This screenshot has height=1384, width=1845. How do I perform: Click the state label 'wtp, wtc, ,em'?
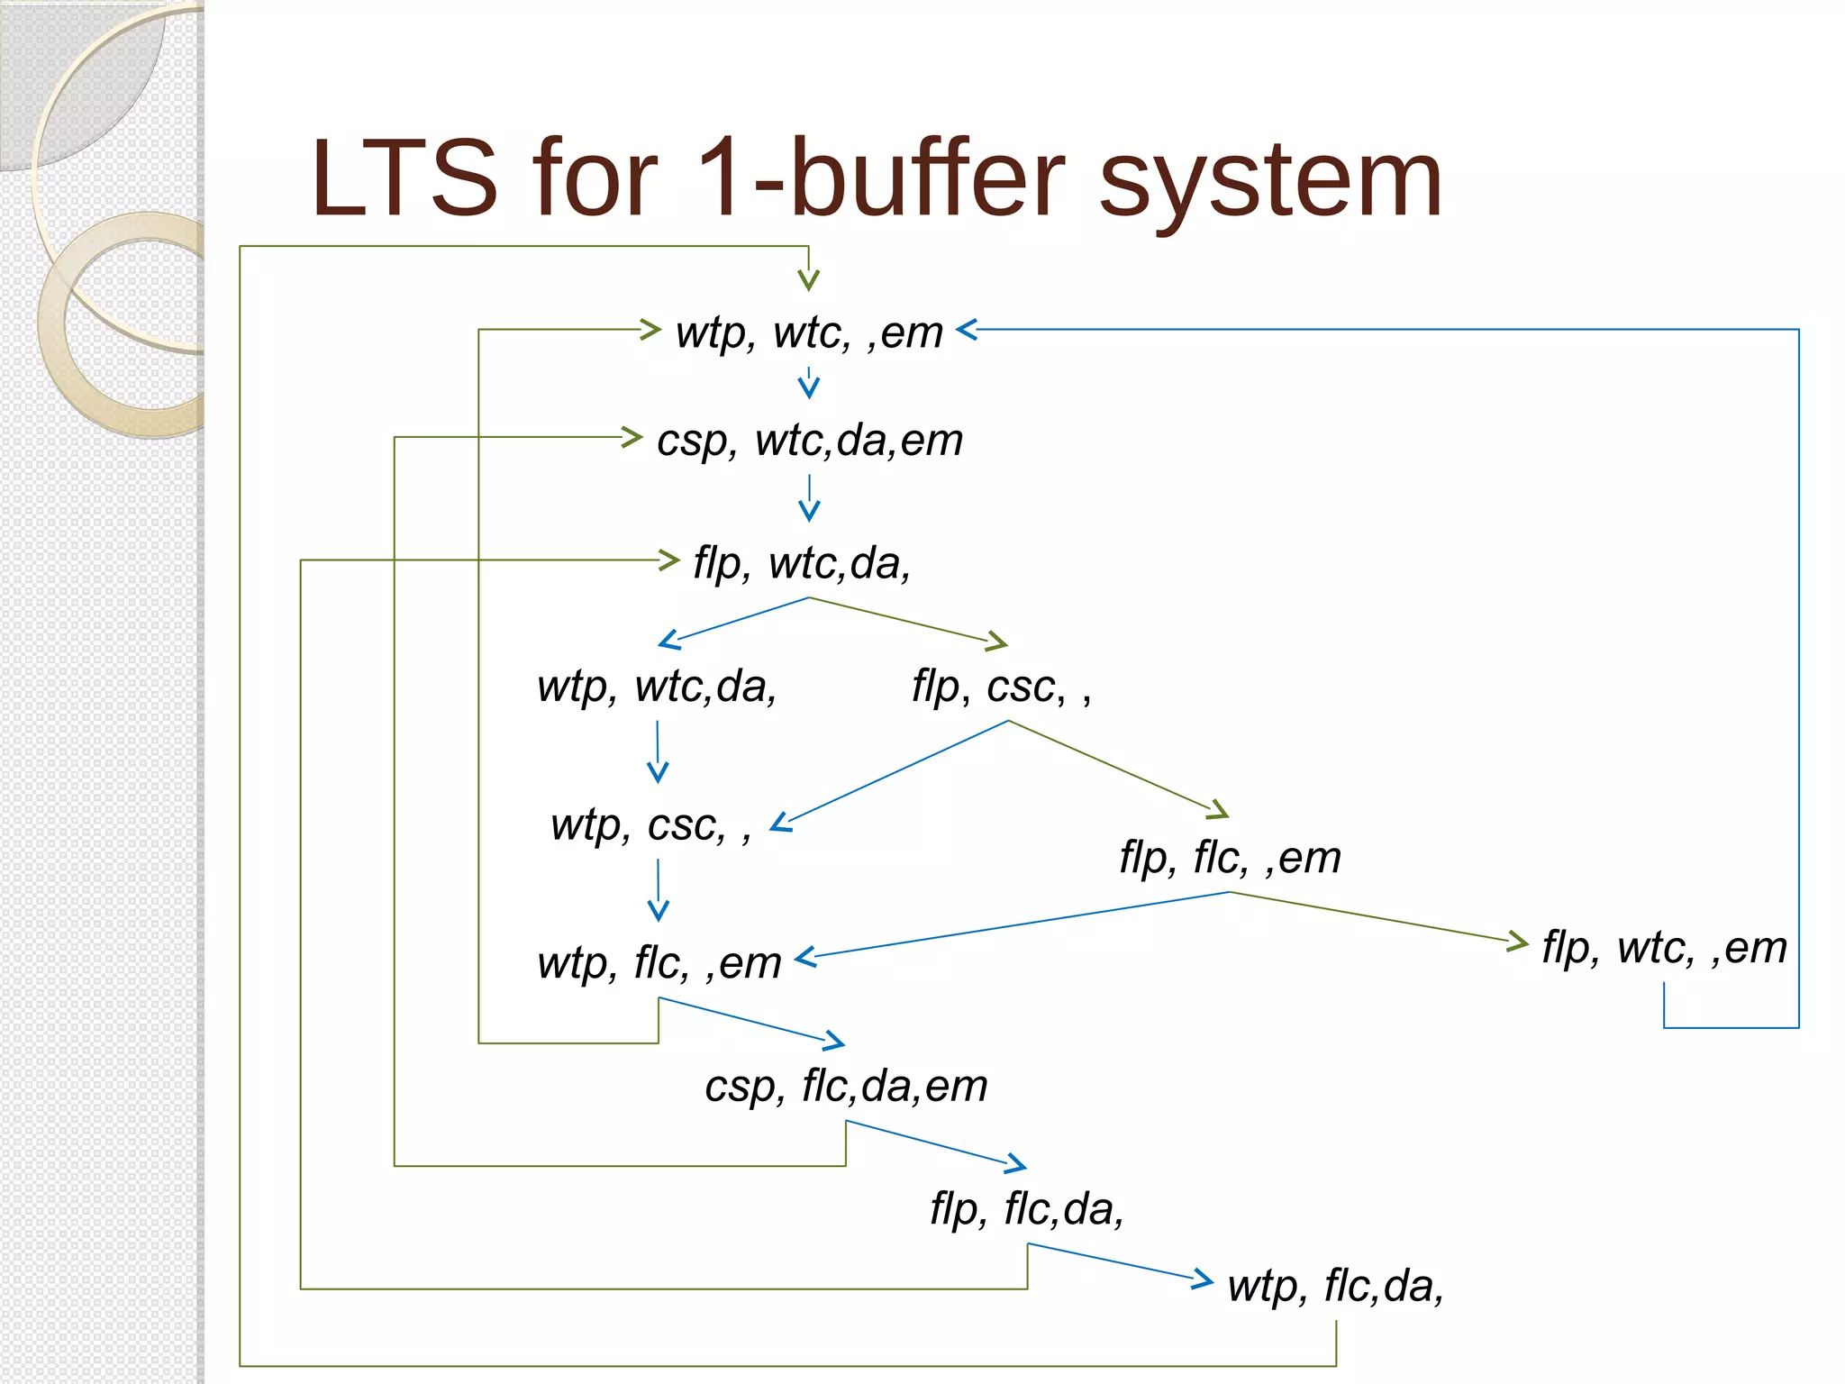[x=809, y=332]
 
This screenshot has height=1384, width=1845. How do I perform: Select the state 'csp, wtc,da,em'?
[x=809, y=441]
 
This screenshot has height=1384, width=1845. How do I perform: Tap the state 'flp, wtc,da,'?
[x=802, y=563]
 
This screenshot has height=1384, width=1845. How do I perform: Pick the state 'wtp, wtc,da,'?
[x=657, y=687]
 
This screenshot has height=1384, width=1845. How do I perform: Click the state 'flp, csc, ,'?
[x=1001, y=687]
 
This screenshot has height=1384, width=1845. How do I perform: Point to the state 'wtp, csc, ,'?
[x=650, y=824]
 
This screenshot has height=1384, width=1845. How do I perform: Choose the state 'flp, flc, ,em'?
[x=1230, y=857]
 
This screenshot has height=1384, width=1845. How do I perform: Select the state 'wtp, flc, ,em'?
[x=659, y=962]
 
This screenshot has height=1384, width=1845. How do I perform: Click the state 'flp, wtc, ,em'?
[x=1664, y=947]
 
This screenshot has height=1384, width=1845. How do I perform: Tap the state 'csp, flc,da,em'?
[x=846, y=1086]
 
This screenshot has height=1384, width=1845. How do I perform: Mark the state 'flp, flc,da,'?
[x=1027, y=1208]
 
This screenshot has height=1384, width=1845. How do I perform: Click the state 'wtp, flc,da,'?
[x=1335, y=1286]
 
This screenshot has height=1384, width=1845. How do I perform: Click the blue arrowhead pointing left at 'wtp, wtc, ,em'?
[x=966, y=330]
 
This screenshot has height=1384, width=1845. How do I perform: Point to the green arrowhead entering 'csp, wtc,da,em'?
[x=632, y=438]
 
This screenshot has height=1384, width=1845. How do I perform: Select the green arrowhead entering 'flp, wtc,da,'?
[x=669, y=560]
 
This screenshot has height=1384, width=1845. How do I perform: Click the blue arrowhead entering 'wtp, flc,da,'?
[x=1204, y=1278]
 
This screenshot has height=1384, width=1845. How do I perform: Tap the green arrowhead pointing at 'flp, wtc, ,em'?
[x=1519, y=942]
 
